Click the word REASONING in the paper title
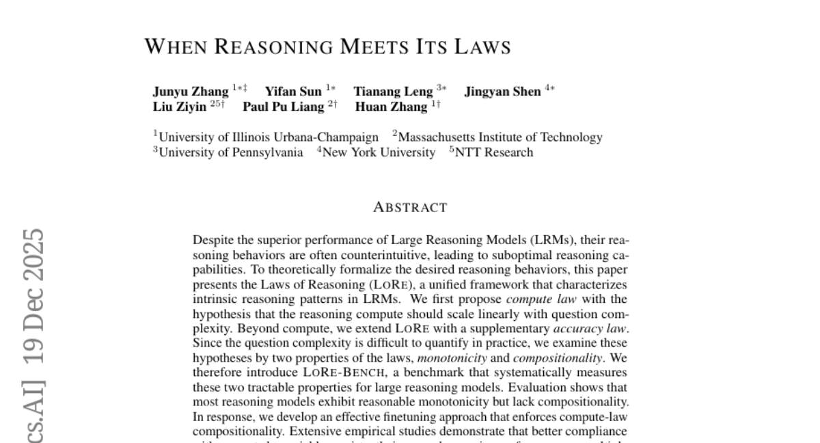point(273,46)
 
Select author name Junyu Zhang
point(191,92)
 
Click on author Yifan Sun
point(292,92)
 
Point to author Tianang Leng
point(393,92)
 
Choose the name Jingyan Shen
point(502,92)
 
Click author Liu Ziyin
point(179,107)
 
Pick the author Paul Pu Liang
point(283,107)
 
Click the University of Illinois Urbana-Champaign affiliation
point(268,137)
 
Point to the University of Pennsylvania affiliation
point(231,152)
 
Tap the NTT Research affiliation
point(493,152)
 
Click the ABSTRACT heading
point(410,207)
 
